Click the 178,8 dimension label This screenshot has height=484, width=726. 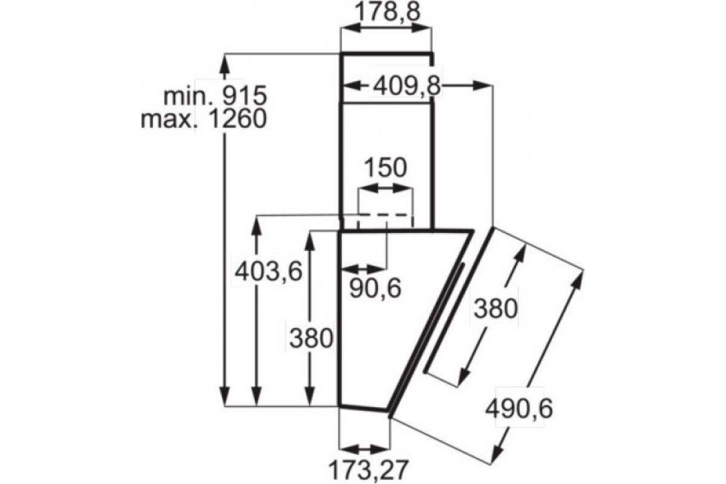(387, 12)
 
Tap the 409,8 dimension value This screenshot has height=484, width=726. (407, 87)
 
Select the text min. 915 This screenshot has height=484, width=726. (215, 96)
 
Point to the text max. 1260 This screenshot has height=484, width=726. (203, 119)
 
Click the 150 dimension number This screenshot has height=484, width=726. (385, 168)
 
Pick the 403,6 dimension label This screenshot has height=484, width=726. (269, 271)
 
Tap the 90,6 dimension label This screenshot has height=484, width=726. (375, 289)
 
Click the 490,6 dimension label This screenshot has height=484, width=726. (519, 409)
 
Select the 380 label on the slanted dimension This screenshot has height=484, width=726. (495, 309)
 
